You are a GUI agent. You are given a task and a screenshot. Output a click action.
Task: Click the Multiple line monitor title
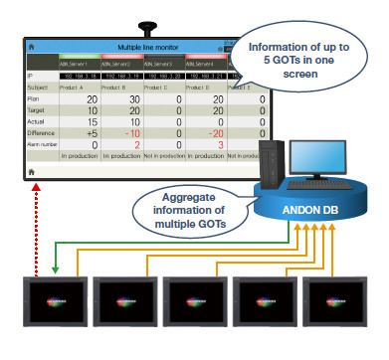[x=147, y=47]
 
